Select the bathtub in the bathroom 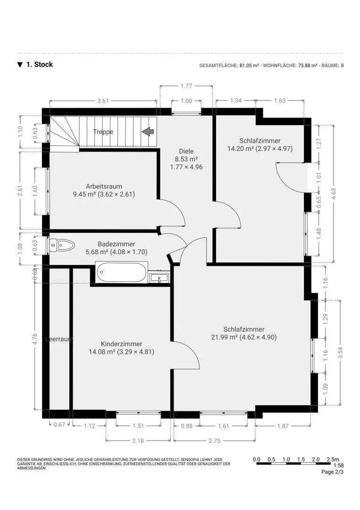(x=121, y=272)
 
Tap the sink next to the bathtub (x=159, y=278)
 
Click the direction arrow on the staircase (x=149, y=132)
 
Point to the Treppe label (x=103, y=132)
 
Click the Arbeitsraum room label (x=103, y=186)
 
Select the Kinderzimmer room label (x=121, y=344)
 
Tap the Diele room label (x=186, y=151)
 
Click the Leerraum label (x=59, y=339)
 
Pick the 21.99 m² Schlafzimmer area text (x=243, y=337)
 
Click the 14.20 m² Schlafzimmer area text (x=260, y=148)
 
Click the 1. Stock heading (x=39, y=65)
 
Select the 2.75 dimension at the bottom (x=214, y=440)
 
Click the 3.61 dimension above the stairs (x=103, y=101)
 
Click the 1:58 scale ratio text (x=338, y=466)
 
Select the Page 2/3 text (x=332, y=472)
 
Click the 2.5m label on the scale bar (x=333, y=459)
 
